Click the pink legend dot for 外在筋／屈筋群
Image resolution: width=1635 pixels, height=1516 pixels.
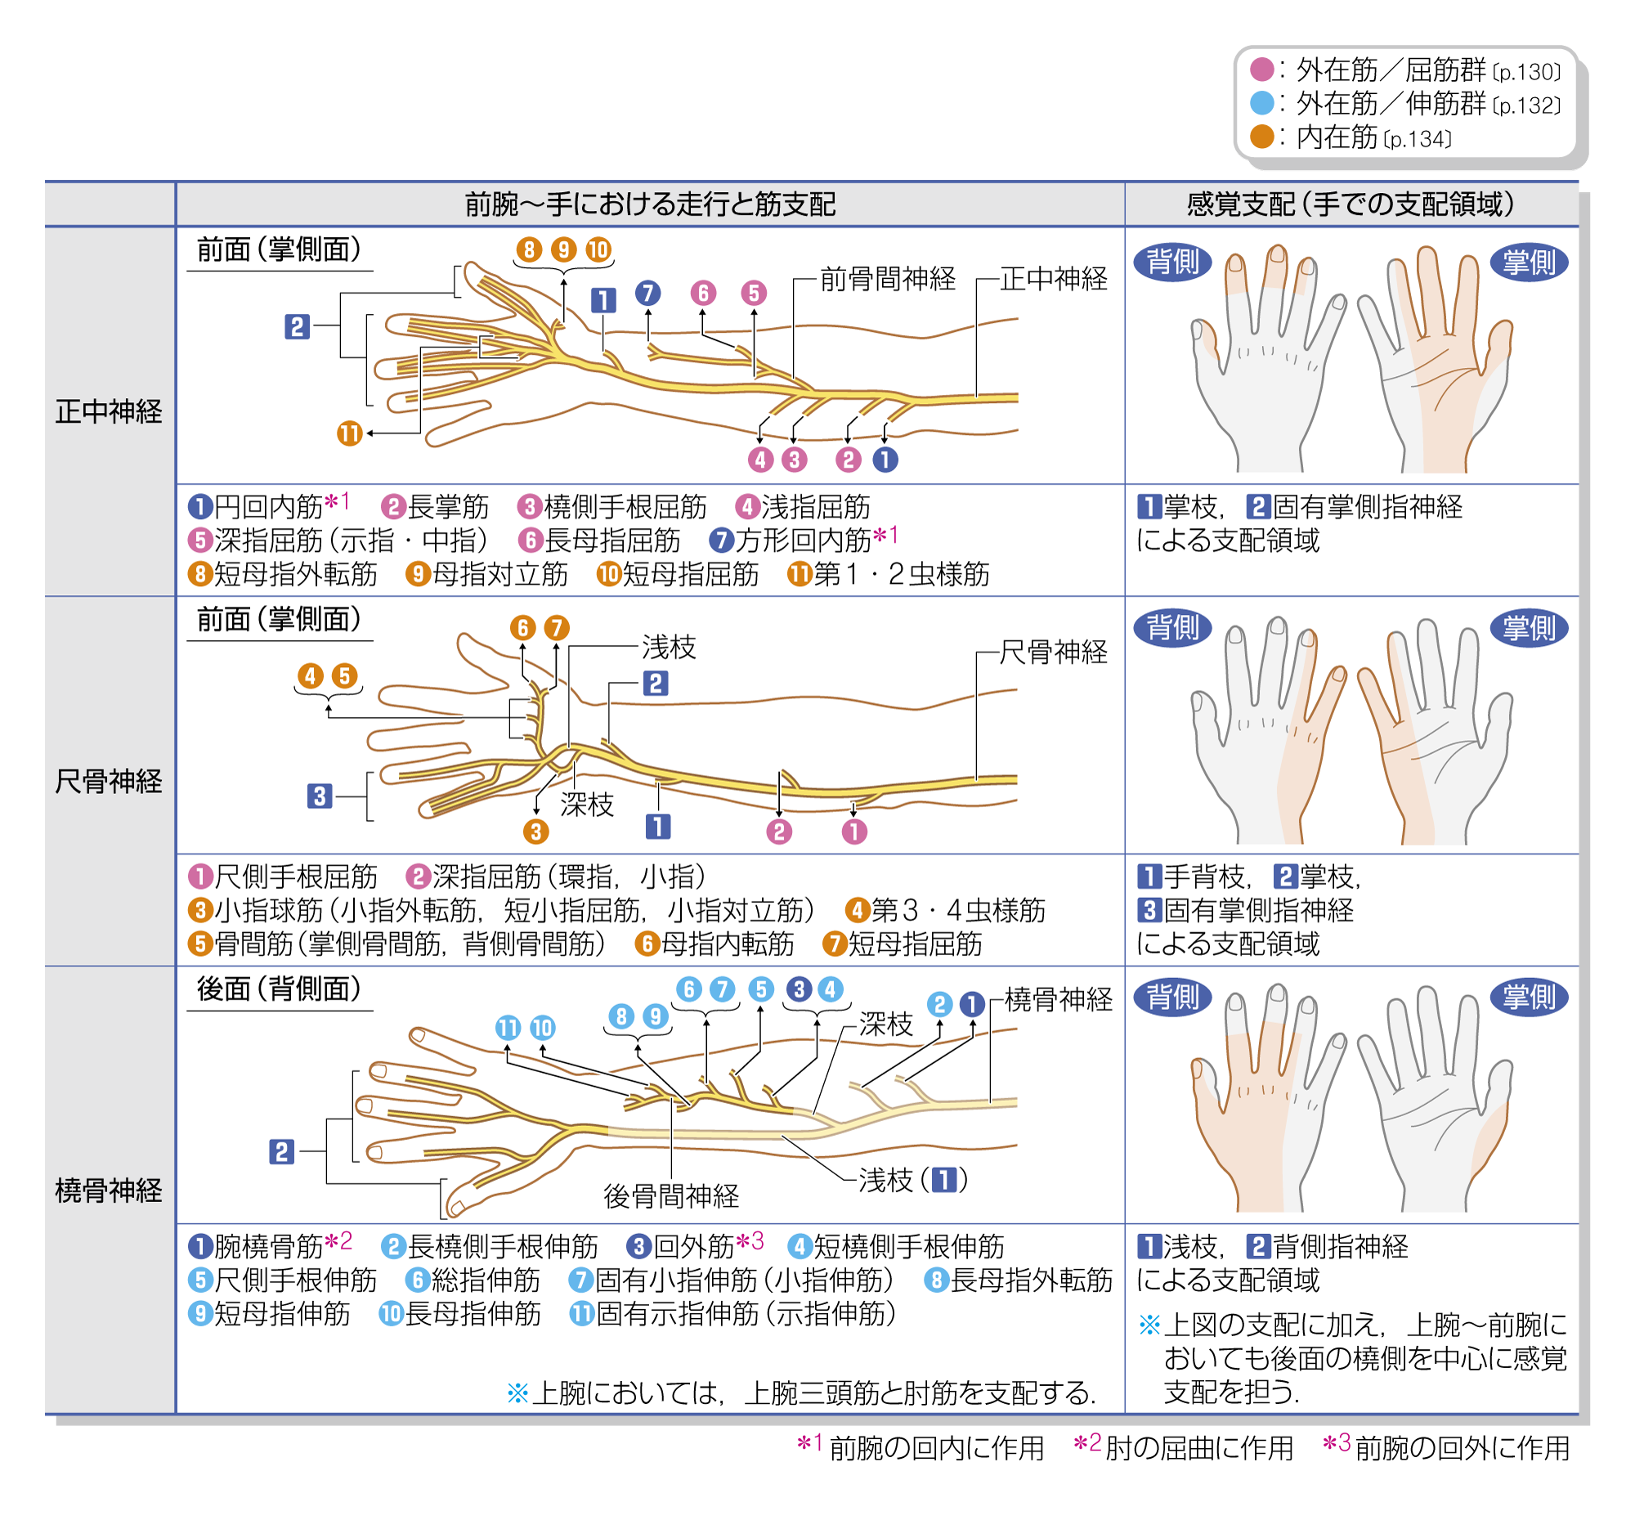pos(1261,70)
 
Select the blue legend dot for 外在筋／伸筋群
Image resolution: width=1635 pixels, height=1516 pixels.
pos(1261,103)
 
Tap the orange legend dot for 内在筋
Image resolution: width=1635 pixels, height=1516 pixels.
pos(1261,137)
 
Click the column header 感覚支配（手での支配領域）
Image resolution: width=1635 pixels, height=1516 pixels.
pos(1350,204)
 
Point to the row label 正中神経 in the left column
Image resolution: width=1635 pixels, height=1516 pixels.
pos(109,411)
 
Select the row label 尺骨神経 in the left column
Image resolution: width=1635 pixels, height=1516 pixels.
pos(109,781)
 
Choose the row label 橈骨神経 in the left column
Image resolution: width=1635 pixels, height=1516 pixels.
pos(109,1190)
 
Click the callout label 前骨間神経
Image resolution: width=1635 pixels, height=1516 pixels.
pos(887,279)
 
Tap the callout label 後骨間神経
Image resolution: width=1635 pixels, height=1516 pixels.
pos(670,1196)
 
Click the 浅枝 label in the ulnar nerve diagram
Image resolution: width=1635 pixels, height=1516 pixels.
pos(668,648)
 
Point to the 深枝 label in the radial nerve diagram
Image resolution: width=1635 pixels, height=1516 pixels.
pos(885,1023)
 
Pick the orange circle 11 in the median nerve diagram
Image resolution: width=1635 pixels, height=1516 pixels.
pos(349,433)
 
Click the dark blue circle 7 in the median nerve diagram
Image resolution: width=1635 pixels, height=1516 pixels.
pos(647,293)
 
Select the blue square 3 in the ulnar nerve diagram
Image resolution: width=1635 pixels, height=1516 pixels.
pos(319,795)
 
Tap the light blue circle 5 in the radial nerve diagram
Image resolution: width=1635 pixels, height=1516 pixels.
pos(760,989)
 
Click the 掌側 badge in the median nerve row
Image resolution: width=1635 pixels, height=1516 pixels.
pos(1529,262)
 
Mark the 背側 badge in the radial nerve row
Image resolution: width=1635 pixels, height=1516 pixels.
pos(1172,997)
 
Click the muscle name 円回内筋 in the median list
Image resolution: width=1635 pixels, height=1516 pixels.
pos(268,507)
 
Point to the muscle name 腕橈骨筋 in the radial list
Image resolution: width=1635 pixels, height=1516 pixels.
pos(268,1247)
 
